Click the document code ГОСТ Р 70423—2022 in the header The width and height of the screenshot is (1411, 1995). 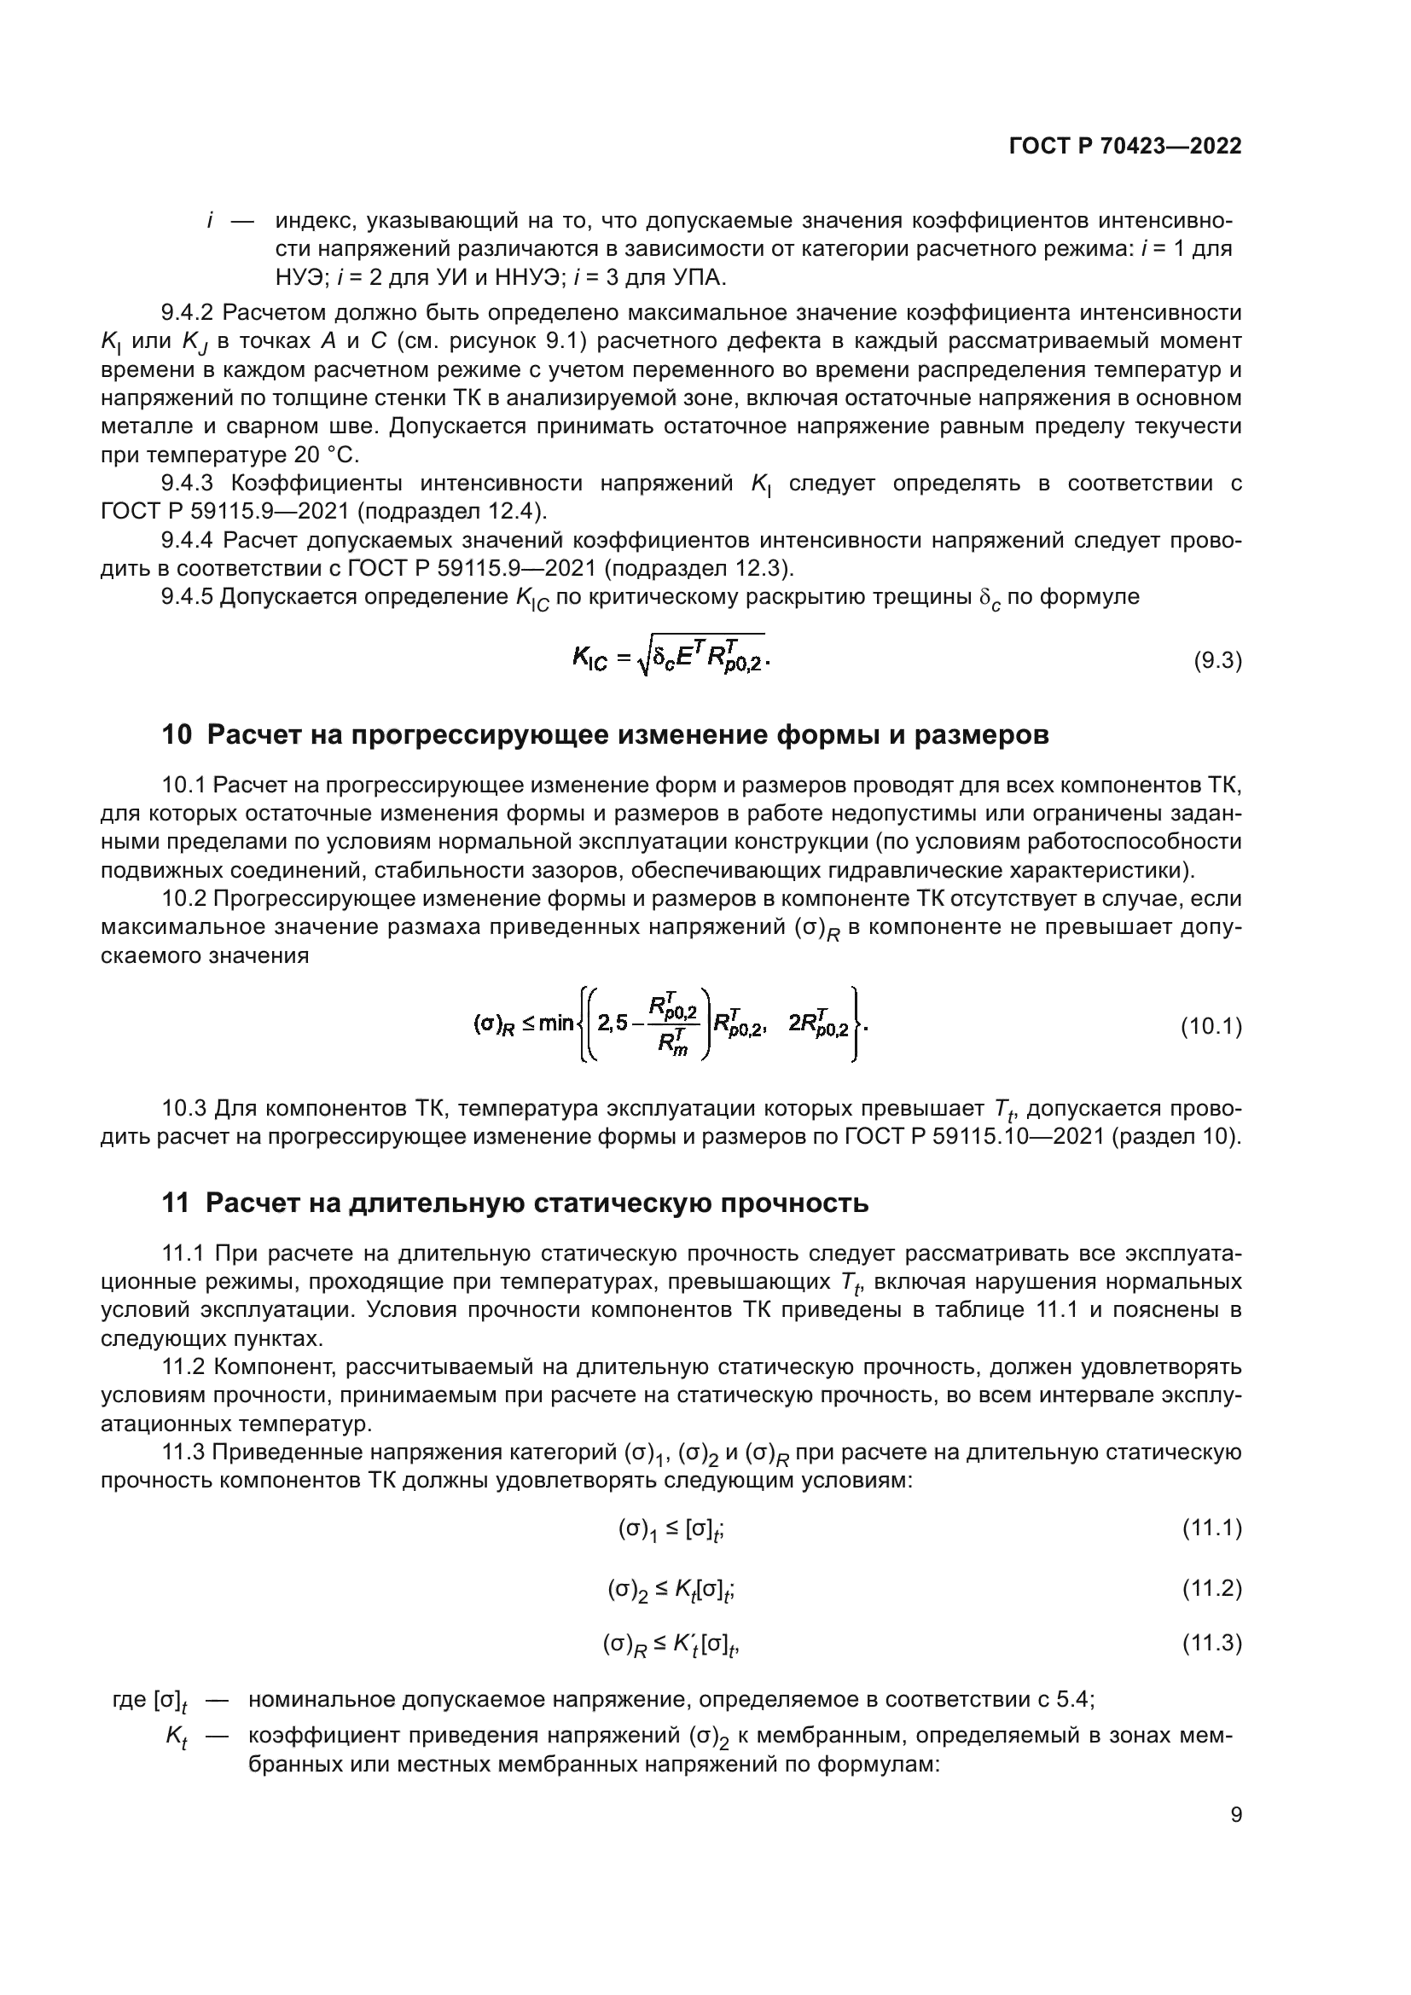(1125, 146)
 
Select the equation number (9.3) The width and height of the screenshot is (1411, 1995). (1217, 661)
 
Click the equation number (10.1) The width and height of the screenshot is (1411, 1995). (1211, 1027)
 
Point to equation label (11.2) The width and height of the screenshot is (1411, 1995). (1211, 1589)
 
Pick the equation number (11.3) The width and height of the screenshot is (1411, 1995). (1211, 1643)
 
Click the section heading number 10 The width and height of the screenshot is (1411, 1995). (177, 735)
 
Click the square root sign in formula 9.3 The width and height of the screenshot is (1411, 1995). (644, 662)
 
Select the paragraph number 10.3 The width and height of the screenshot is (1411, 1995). (183, 1109)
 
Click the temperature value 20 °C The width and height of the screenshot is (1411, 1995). (323, 455)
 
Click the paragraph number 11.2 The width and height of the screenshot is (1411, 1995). (183, 1366)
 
